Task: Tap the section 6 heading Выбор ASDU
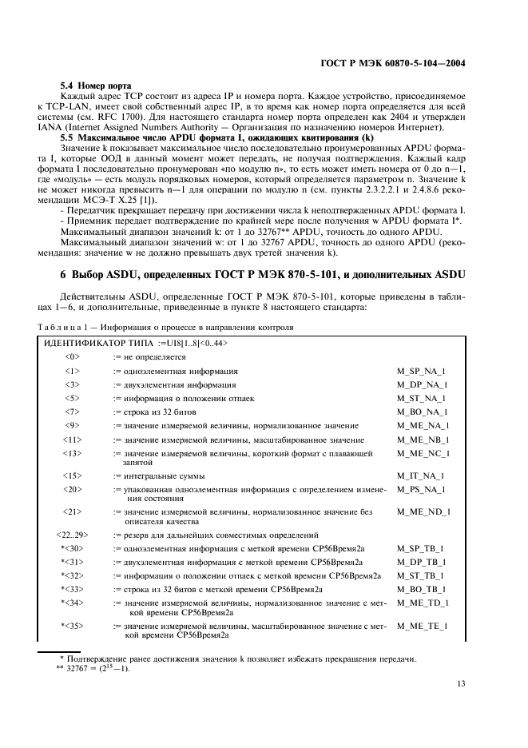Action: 262,277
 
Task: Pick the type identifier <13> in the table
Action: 72,453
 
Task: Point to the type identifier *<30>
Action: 72,548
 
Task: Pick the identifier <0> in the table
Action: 72,357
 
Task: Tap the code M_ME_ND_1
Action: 423,511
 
